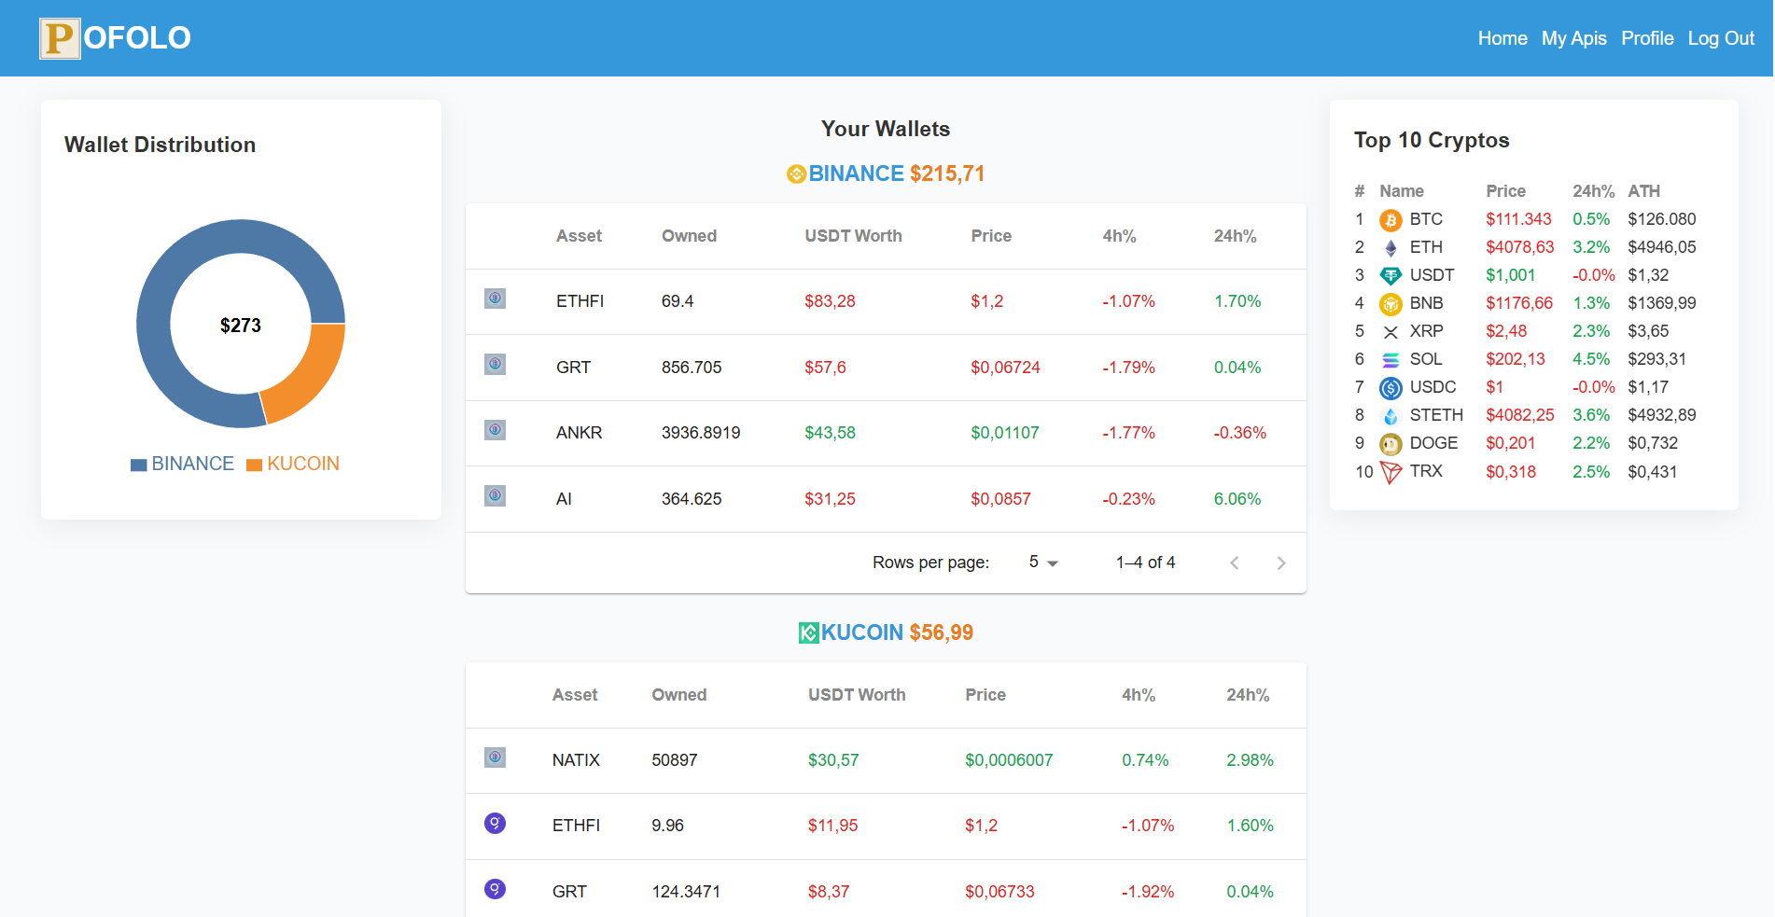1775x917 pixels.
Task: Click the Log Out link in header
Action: pyautogui.click(x=1720, y=38)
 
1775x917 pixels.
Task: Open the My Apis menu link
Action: pyautogui.click(x=1573, y=38)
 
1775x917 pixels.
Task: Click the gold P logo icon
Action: pyautogui.click(x=60, y=38)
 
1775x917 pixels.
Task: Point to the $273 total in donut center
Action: pyautogui.click(x=241, y=326)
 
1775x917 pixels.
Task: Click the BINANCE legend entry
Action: pyautogui.click(x=183, y=464)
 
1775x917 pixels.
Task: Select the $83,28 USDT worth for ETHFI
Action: pyautogui.click(x=830, y=301)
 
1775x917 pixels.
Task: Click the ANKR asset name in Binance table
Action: pyautogui.click(x=579, y=433)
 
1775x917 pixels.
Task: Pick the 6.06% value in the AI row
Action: pyautogui.click(x=1237, y=499)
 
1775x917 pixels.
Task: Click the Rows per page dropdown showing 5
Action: pyautogui.click(x=1042, y=563)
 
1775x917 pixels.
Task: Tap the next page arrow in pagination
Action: pyautogui.click(x=1280, y=563)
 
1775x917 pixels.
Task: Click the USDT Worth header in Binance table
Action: pyautogui.click(x=853, y=236)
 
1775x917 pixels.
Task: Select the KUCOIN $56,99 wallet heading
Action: pyautogui.click(x=886, y=632)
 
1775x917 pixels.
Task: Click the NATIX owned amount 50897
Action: pyautogui.click(x=674, y=760)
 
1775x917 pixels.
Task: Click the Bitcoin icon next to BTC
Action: pyautogui.click(x=1391, y=220)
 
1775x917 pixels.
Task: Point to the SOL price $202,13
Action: pyautogui.click(x=1515, y=359)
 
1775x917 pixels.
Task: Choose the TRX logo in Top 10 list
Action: pyautogui.click(x=1391, y=472)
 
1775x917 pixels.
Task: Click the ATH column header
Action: pyautogui.click(x=1643, y=191)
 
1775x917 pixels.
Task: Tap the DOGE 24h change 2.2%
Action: pyautogui.click(x=1590, y=443)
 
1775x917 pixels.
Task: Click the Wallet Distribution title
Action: pyautogui.click(x=160, y=145)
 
